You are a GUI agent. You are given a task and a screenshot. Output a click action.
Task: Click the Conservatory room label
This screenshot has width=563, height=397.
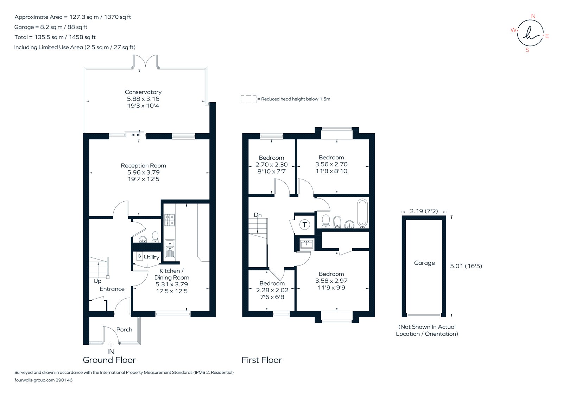click(143, 92)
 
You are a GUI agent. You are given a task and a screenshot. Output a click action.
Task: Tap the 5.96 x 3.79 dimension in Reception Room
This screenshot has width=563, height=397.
click(143, 172)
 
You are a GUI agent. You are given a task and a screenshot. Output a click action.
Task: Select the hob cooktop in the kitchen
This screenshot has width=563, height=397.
click(170, 220)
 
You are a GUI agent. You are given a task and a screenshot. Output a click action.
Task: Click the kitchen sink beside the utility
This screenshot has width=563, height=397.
click(170, 248)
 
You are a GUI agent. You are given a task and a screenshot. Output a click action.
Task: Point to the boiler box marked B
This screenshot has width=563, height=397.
click(139, 256)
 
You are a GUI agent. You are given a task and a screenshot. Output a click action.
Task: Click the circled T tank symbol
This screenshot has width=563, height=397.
click(304, 225)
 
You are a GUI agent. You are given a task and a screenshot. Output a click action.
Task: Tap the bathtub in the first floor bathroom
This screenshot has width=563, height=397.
click(362, 213)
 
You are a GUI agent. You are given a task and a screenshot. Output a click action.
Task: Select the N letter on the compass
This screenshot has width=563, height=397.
click(533, 16)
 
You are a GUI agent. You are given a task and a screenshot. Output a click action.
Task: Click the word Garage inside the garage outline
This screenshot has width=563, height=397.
click(424, 263)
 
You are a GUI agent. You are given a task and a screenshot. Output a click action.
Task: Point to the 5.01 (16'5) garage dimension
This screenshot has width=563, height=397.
click(466, 266)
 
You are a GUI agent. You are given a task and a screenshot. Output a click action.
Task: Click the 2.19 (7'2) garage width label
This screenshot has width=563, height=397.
click(424, 211)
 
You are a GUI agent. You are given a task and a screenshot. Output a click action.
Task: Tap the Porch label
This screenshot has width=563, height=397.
click(124, 330)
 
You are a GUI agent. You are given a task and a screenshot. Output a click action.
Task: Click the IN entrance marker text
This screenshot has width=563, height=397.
click(111, 352)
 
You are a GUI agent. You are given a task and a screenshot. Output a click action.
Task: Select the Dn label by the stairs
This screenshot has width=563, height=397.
click(258, 215)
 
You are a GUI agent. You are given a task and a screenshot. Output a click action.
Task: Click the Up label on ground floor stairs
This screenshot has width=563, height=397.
click(97, 281)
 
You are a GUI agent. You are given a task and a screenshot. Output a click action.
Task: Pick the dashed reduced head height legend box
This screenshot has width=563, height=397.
click(248, 99)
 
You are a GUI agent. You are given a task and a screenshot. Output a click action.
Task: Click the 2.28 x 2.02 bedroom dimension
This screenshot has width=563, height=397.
click(272, 290)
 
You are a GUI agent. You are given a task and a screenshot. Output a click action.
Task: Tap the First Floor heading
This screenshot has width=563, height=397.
click(261, 360)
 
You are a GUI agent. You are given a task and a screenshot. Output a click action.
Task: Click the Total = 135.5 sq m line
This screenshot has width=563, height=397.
click(55, 37)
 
